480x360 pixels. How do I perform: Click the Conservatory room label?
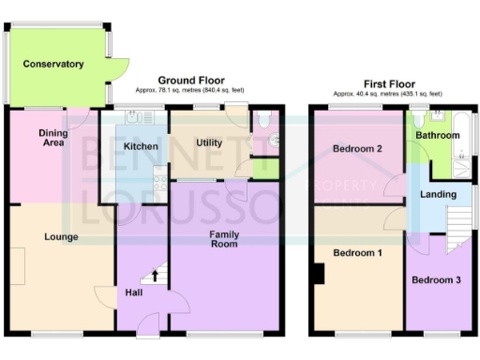coord(53,64)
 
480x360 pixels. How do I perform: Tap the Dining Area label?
coord(52,139)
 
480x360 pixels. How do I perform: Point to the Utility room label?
coord(208,142)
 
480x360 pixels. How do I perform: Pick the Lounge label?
coord(61,237)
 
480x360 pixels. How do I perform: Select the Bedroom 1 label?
coord(357,254)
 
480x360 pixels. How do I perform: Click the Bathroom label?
coord(438,136)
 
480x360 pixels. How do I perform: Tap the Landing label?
coord(439,195)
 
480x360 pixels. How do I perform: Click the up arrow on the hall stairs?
coord(156,276)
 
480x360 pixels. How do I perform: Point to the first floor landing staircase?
coord(458,228)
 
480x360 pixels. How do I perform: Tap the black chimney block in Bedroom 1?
coord(320,273)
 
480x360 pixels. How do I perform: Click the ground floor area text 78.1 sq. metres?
coord(190,89)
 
